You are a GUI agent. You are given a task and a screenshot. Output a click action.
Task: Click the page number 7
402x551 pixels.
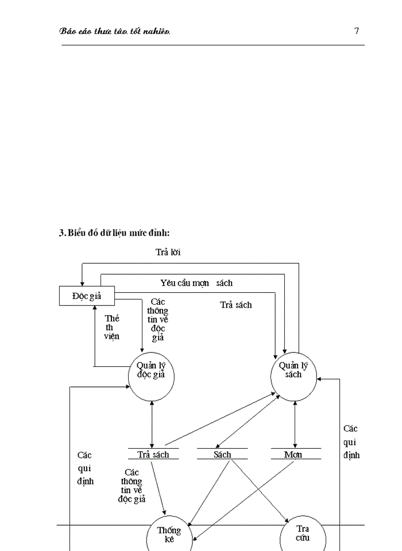coord(357,31)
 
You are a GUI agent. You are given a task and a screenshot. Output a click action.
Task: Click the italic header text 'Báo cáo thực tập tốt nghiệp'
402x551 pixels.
coord(115,31)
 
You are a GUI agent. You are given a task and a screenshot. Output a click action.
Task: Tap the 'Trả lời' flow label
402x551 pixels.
coord(168,252)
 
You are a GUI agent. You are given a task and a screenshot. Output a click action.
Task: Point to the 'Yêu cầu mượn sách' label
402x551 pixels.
coord(196,283)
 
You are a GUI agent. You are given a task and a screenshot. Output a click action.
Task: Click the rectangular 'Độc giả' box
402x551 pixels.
coord(87,296)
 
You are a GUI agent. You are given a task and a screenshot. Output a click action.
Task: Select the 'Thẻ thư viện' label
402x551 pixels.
coord(111,327)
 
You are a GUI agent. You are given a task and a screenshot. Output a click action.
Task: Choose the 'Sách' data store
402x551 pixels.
coord(222,455)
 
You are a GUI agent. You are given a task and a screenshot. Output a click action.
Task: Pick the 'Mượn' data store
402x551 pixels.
coord(293,455)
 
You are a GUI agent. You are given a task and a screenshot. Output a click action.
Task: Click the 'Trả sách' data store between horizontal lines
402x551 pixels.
coord(153,455)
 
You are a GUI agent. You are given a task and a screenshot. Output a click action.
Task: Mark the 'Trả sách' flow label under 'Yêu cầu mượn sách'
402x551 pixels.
coord(235,305)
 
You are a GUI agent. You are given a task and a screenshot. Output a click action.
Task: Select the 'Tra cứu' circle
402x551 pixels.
coord(303,534)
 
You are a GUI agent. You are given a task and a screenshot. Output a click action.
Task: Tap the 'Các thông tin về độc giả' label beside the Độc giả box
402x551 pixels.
coord(158,319)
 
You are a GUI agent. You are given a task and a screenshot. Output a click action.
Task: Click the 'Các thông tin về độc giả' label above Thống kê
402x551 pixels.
coord(132,486)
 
